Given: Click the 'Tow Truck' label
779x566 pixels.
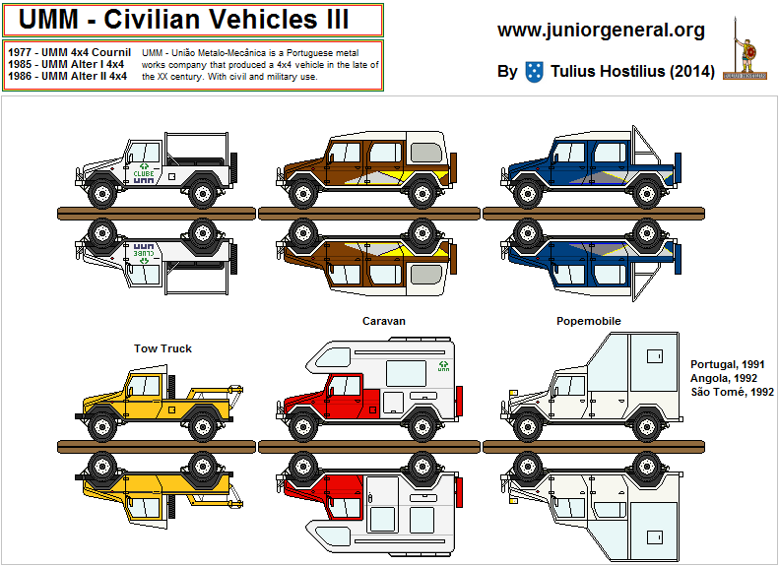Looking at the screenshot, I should (x=162, y=348).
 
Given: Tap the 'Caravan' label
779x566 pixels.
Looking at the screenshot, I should (x=383, y=321).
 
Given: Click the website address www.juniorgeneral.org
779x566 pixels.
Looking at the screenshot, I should (x=601, y=31).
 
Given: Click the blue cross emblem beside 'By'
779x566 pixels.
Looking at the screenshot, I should (x=534, y=71).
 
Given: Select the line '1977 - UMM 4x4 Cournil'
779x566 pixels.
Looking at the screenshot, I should (x=68, y=52).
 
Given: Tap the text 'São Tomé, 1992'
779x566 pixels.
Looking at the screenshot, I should (x=733, y=392).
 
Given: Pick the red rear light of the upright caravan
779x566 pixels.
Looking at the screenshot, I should (x=459, y=402).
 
